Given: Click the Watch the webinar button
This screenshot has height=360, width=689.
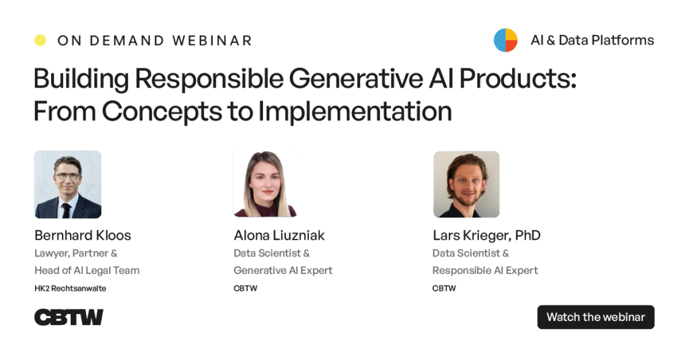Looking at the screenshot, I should pyautogui.click(x=595, y=317).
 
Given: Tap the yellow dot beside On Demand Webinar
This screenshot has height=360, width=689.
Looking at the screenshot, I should pyautogui.click(x=40, y=40).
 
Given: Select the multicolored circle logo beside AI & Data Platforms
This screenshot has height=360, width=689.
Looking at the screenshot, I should pyautogui.click(x=505, y=40).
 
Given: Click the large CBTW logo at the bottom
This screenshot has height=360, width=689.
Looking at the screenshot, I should pyautogui.click(x=69, y=317).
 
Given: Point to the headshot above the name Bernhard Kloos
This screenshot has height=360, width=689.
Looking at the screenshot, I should pyautogui.click(x=68, y=184).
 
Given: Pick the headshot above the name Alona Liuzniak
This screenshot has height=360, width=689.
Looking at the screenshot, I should pyautogui.click(x=265, y=184).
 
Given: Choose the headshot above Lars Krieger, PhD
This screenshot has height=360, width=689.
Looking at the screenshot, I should pyautogui.click(x=466, y=184).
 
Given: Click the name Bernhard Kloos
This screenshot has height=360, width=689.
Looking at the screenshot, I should pyautogui.click(x=83, y=235).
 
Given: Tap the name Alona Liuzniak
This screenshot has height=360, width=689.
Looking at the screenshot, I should pyautogui.click(x=279, y=235).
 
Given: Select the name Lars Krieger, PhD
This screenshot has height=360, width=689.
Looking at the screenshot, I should pyautogui.click(x=486, y=235).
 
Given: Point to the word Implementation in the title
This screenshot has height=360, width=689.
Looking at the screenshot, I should pyautogui.click(x=355, y=110).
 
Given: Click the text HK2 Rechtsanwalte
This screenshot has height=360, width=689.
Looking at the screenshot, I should pyautogui.click(x=71, y=289).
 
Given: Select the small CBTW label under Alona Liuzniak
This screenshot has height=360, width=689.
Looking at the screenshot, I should pyautogui.click(x=246, y=289).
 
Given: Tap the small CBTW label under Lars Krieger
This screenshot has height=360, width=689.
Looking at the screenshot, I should pyautogui.click(x=444, y=289).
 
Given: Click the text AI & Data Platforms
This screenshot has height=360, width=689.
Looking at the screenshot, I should pyautogui.click(x=592, y=40).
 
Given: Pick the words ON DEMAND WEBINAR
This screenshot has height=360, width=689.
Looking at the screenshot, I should pyautogui.click(x=155, y=40).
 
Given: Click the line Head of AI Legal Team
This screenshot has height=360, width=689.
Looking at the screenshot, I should pyautogui.click(x=87, y=271).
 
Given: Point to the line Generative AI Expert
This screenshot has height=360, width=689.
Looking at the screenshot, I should pyautogui.click(x=283, y=271).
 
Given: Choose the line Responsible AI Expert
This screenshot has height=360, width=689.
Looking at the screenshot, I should pyautogui.click(x=485, y=271).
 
